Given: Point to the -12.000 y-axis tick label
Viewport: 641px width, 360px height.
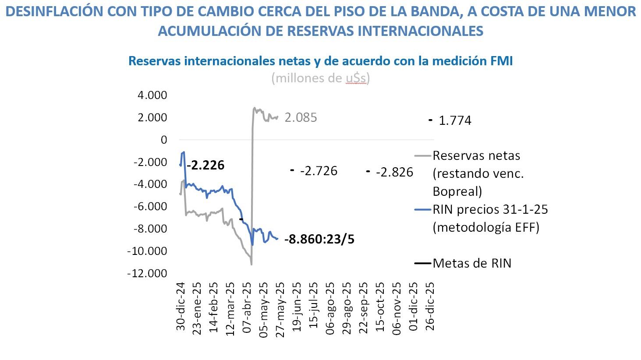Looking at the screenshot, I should [x=147, y=273].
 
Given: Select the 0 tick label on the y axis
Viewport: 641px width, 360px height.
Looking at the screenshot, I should [x=164, y=140].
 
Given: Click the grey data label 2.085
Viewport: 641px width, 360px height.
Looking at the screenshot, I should [x=301, y=118].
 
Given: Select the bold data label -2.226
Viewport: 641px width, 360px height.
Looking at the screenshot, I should [x=205, y=165].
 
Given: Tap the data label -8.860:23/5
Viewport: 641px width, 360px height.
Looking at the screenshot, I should [x=319, y=240].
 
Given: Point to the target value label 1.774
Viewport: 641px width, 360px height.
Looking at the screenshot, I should [x=455, y=120].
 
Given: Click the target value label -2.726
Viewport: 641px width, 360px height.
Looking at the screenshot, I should [x=319, y=171].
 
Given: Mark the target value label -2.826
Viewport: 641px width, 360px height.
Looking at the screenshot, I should [x=394, y=172].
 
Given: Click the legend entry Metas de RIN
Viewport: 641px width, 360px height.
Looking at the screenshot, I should [x=472, y=263].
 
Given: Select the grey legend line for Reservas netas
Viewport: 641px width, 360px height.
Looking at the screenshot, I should [x=422, y=155].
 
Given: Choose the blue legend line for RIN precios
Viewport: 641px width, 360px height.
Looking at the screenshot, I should [x=422, y=210].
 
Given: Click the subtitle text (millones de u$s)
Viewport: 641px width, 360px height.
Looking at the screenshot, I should [x=320, y=78].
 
